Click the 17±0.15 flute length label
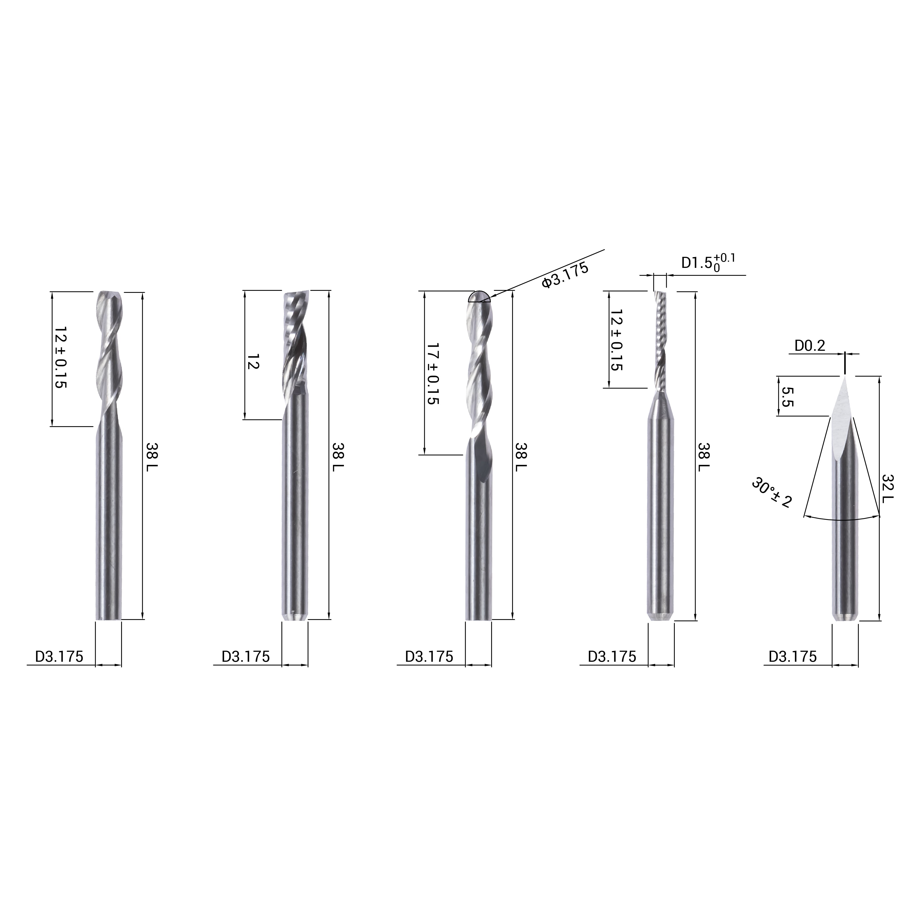click(x=432, y=373)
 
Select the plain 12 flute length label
click(x=253, y=362)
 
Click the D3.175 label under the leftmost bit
click(x=59, y=657)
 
